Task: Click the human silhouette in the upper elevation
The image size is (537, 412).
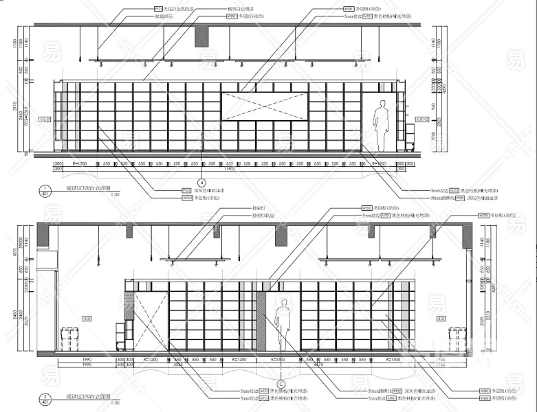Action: click(x=380, y=125)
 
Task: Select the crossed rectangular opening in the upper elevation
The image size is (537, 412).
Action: click(x=264, y=106)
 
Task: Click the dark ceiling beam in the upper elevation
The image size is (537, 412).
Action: click(x=201, y=37)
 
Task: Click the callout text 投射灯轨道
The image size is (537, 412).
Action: click(x=263, y=216)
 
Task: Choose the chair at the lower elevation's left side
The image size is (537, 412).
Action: click(x=69, y=339)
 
